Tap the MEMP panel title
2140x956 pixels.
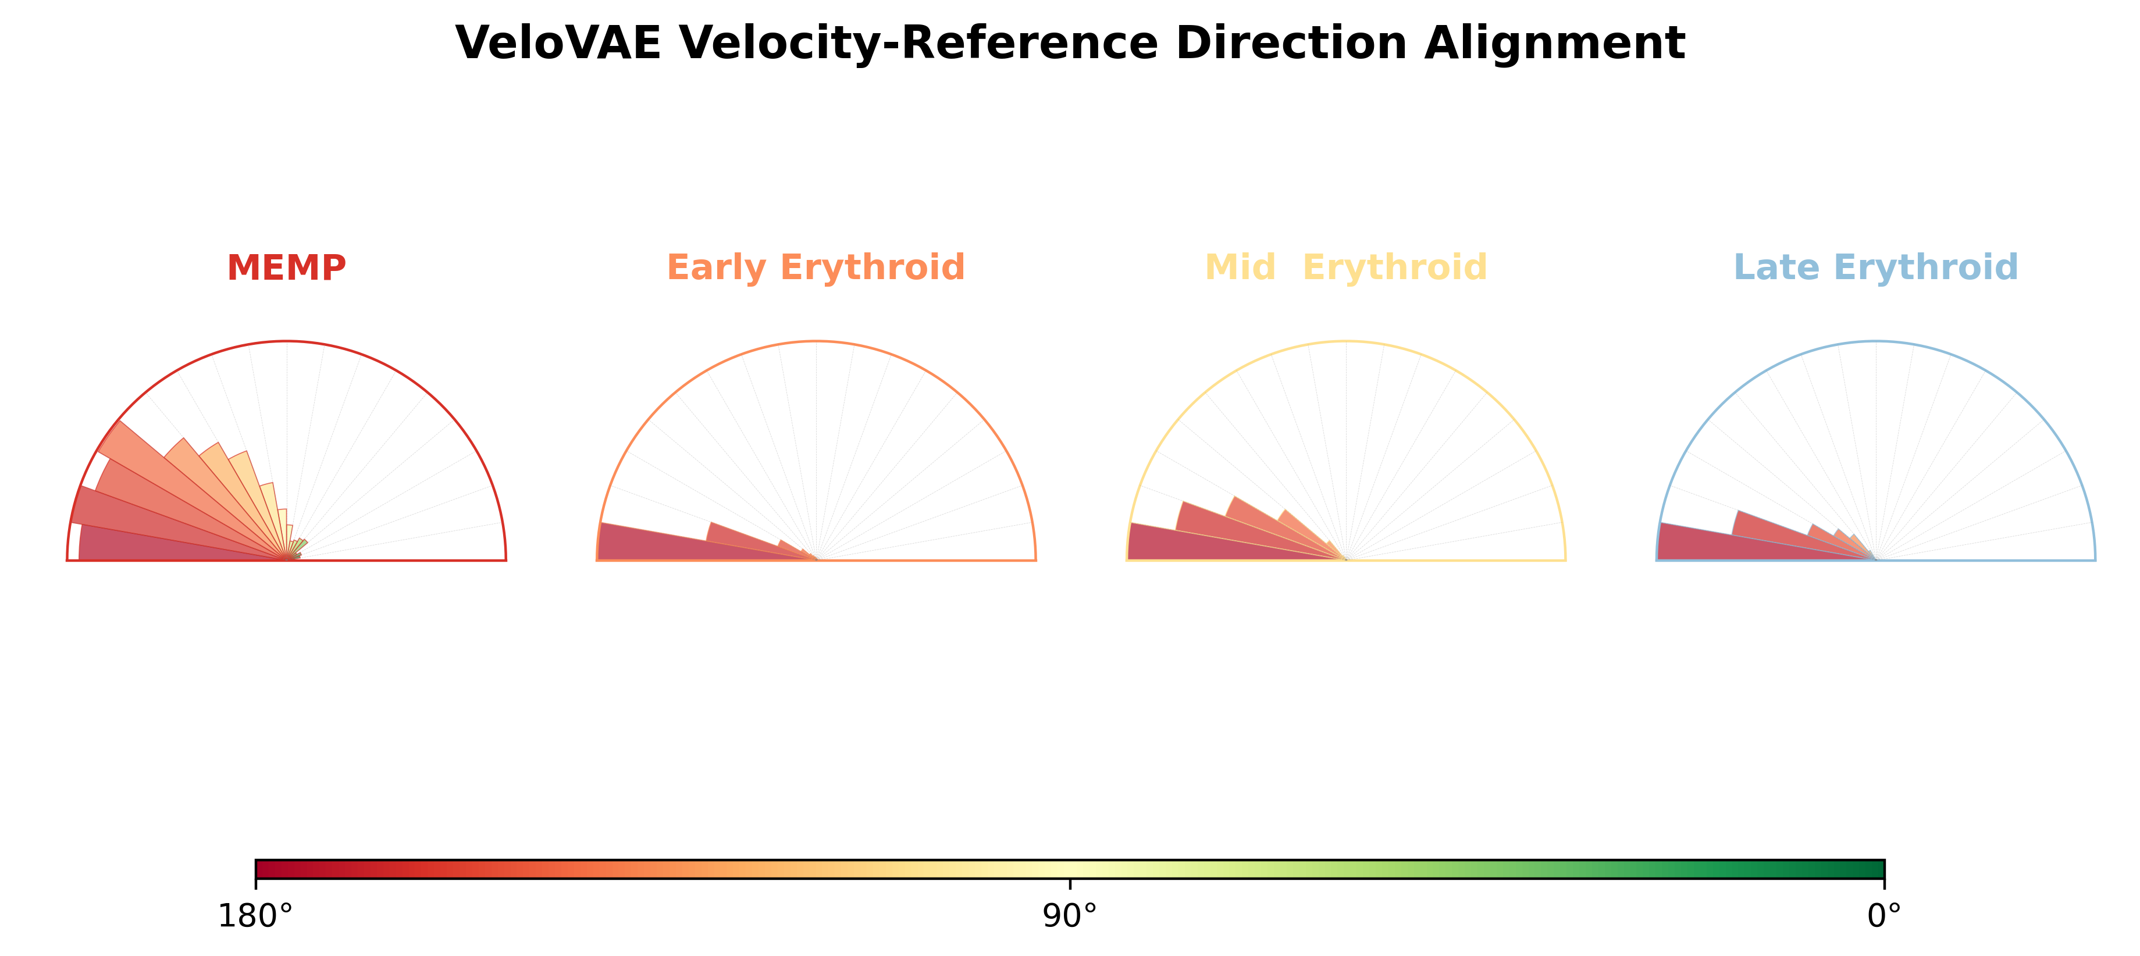287,267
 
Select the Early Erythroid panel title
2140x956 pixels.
816,267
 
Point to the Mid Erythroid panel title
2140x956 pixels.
1346,267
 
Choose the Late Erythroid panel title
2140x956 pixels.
1876,267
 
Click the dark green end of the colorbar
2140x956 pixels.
1869,869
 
